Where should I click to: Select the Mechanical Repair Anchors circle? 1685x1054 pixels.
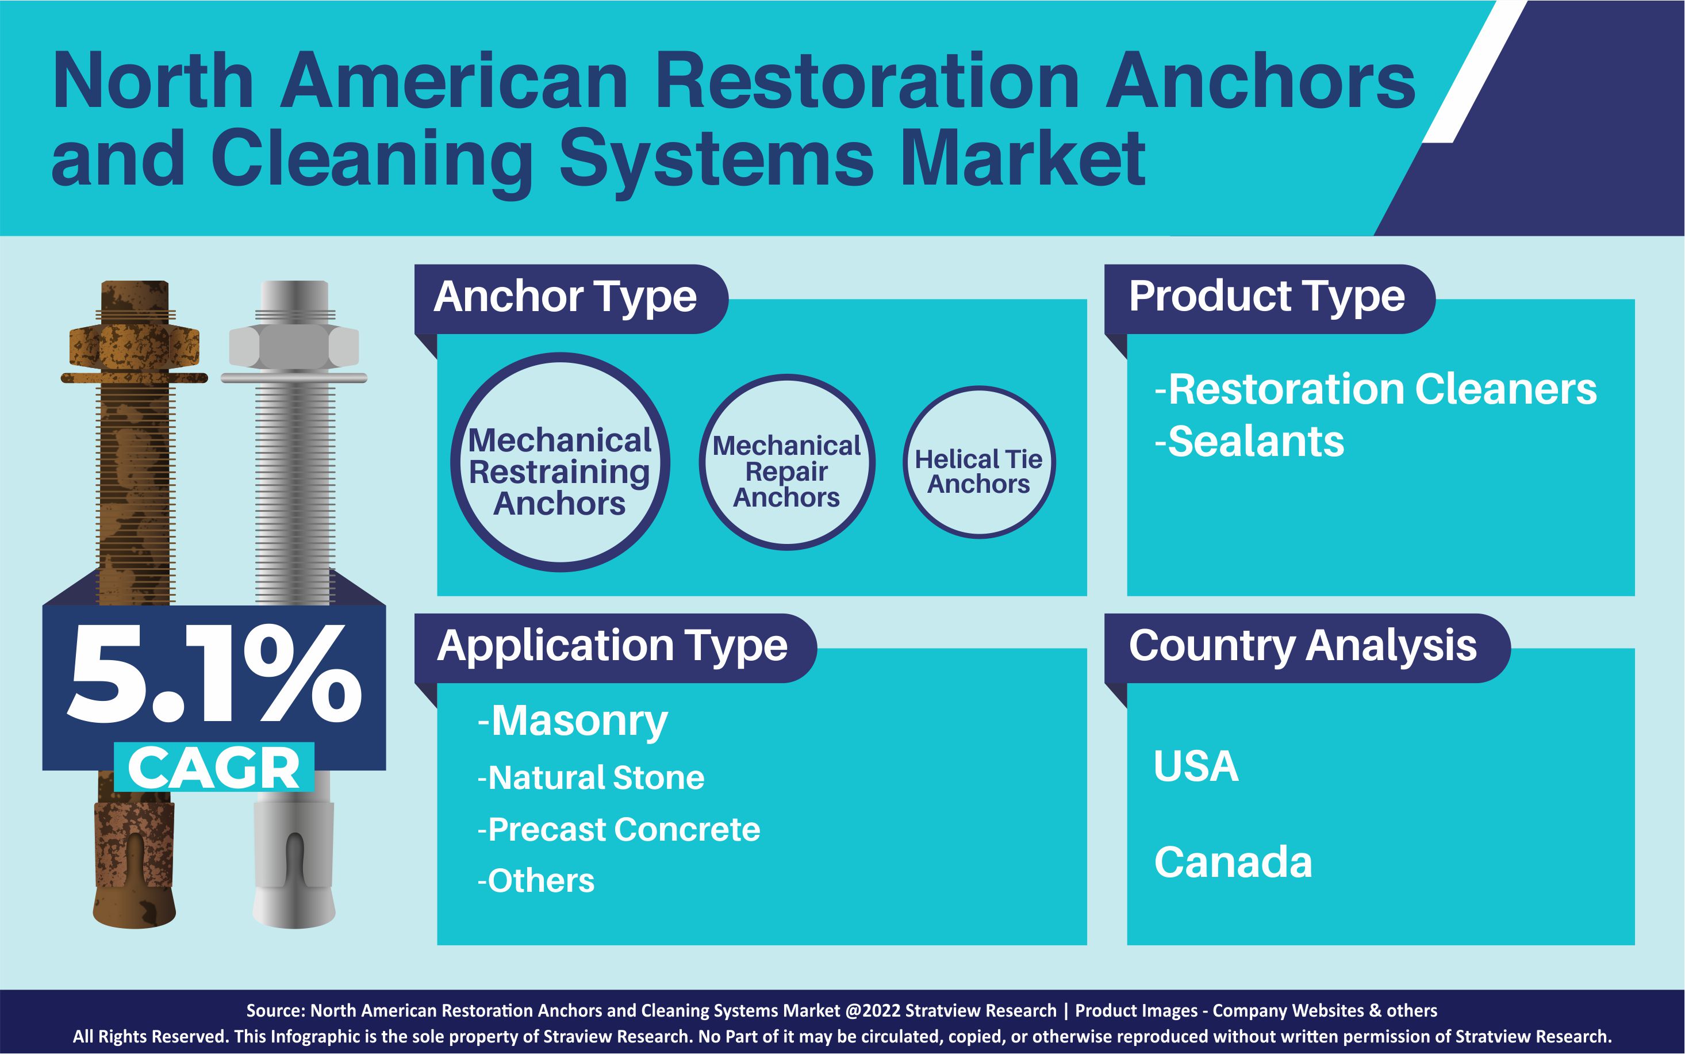787,463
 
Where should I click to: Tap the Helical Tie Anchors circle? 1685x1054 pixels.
978,463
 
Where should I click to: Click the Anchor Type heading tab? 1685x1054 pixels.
566,298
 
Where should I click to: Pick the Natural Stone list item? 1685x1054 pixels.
591,778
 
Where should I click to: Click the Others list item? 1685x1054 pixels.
536,881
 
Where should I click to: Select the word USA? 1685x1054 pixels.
1196,767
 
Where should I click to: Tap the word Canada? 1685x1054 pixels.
1233,863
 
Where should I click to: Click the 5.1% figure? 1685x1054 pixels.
214,675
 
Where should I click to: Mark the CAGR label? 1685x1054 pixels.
214,768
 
